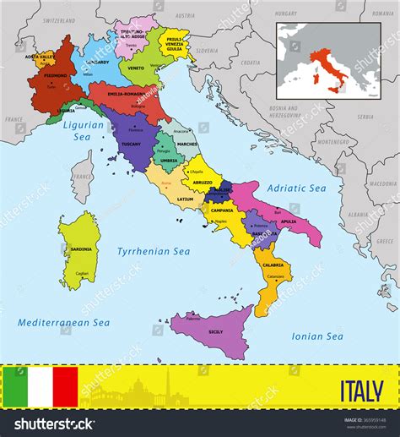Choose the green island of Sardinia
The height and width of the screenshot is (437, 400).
pos(80,250)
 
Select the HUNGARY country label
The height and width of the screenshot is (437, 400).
pos(286,14)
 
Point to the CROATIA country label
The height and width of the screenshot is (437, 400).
pos(250,62)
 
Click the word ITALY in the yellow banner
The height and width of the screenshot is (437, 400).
pos(361,393)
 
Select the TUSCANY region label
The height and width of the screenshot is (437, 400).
pos(131,144)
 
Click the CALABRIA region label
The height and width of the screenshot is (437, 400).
pos(272,265)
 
